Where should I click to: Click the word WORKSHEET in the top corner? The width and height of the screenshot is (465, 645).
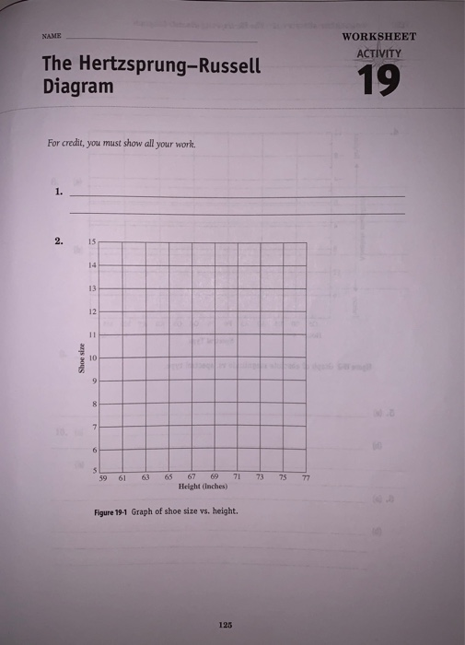pyautogui.click(x=379, y=37)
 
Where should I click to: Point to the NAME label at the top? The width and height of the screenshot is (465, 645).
pyautogui.click(x=51, y=38)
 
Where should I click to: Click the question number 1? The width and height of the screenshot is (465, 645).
pyautogui.click(x=59, y=193)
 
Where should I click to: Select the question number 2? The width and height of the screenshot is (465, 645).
pyautogui.click(x=59, y=242)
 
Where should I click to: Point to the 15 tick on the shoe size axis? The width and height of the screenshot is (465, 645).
pyautogui.click(x=92, y=242)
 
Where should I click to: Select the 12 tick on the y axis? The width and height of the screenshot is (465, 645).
pyautogui.click(x=92, y=311)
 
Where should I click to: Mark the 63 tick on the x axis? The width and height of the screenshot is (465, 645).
pyautogui.click(x=145, y=477)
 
